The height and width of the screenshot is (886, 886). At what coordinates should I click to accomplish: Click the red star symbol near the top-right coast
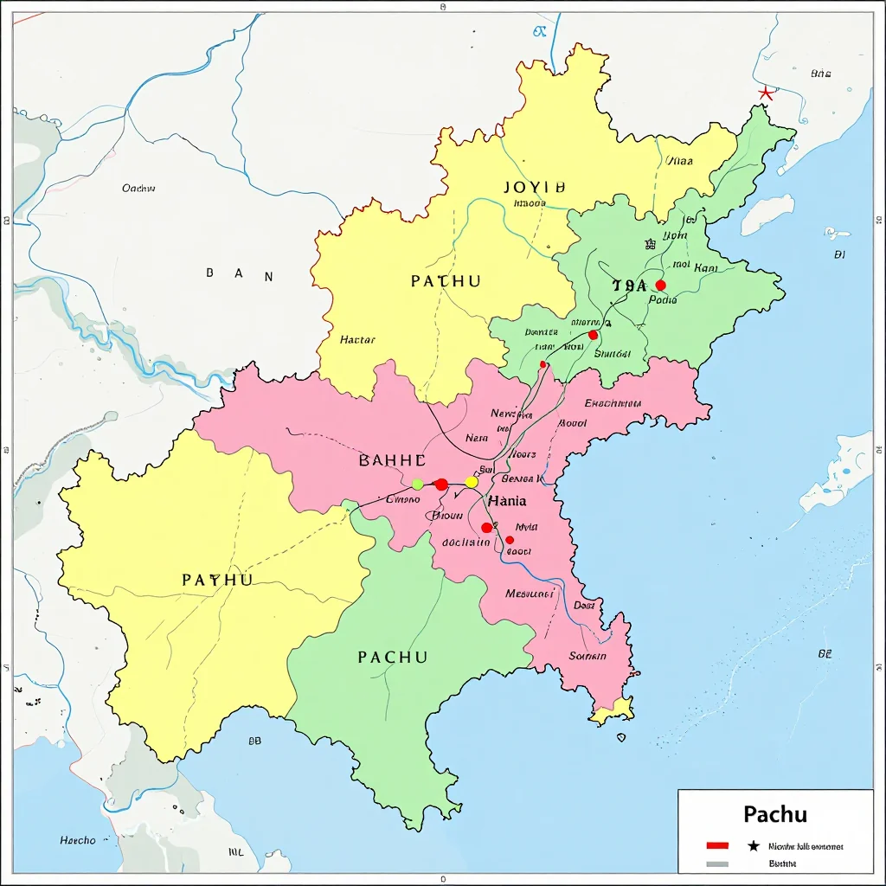[765, 93]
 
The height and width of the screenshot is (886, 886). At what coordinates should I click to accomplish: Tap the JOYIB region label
[534, 187]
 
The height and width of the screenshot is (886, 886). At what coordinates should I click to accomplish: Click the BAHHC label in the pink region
[392, 460]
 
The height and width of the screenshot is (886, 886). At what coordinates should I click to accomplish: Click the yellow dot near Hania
[472, 482]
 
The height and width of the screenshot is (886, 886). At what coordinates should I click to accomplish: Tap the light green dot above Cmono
[418, 484]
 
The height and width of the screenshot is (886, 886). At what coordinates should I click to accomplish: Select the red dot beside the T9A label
[661, 285]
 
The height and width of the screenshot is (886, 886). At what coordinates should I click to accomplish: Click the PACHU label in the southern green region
[392, 658]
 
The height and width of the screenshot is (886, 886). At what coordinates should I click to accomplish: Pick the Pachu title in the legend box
[775, 815]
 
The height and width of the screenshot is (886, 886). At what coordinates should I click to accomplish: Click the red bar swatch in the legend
[717, 845]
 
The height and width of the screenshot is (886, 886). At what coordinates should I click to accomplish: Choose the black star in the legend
[753, 845]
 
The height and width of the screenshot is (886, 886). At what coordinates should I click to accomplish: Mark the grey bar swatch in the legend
[717, 863]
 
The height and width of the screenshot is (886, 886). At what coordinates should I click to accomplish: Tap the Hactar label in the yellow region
[357, 340]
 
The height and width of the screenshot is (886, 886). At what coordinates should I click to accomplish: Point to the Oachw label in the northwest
[138, 188]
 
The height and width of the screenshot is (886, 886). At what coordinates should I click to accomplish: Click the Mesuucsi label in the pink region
[530, 594]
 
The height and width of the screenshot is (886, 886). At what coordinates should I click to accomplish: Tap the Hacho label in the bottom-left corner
[78, 840]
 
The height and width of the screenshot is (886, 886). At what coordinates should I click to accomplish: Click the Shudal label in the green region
[613, 353]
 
